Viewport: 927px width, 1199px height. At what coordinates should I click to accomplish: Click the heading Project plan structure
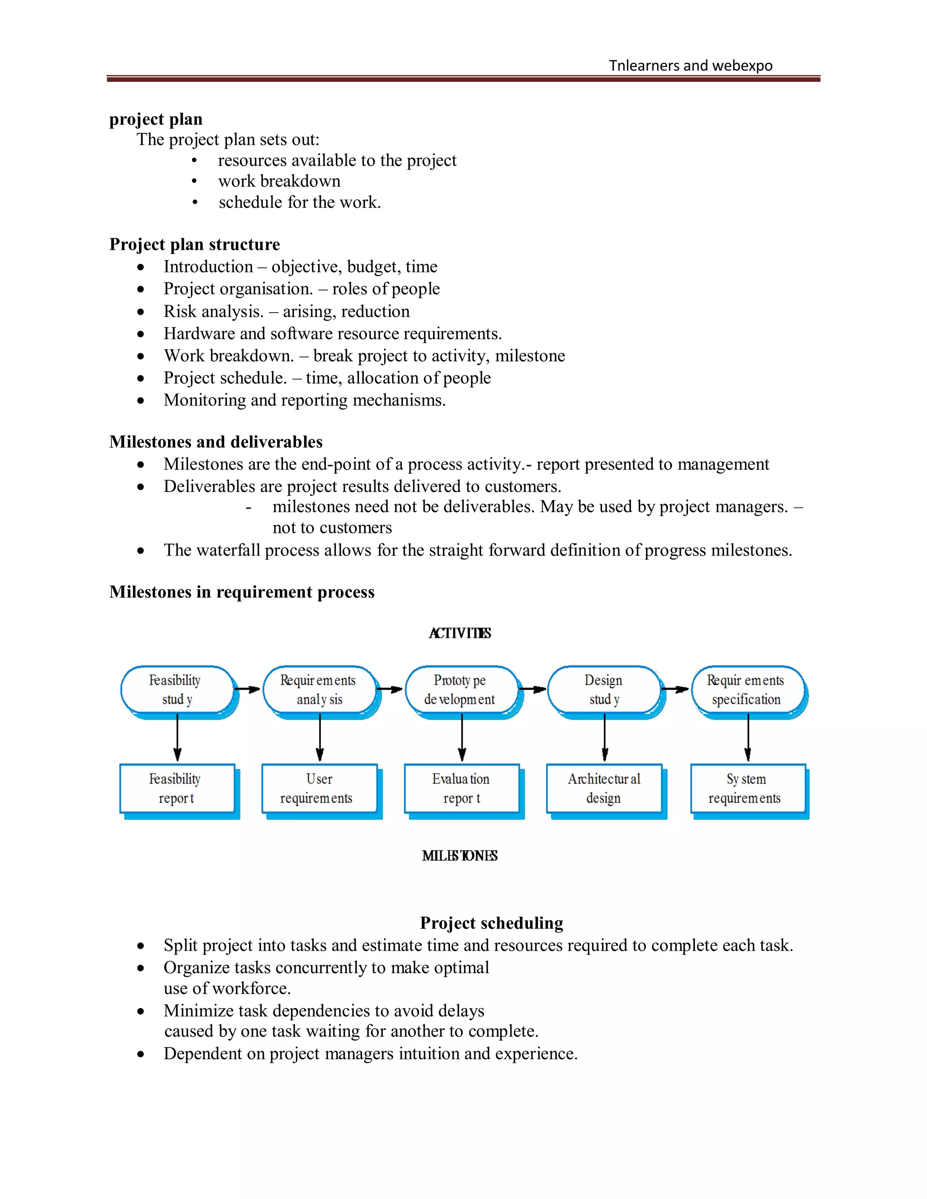click(x=194, y=244)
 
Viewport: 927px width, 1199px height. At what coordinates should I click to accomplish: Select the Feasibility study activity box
click(x=176, y=690)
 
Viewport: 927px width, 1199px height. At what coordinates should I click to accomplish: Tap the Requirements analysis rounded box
click(x=319, y=690)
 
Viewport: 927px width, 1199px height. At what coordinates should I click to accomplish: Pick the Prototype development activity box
click(x=461, y=690)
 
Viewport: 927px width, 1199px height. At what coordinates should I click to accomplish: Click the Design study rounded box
click(x=603, y=690)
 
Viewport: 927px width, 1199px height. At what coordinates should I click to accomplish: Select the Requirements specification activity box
click(x=746, y=690)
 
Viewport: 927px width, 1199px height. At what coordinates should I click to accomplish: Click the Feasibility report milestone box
click(x=176, y=788)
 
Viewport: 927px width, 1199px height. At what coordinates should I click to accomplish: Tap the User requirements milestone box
click(x=319, y=788)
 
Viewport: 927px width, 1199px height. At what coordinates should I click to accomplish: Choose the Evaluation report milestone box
click(x=461, y=788)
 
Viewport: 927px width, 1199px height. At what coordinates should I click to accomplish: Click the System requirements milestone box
click(x=746, y=788)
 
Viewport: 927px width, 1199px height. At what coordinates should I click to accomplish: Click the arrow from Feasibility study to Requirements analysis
click(x=248, y=690)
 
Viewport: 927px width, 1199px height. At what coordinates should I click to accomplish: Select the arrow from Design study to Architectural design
click(x=605, y=737)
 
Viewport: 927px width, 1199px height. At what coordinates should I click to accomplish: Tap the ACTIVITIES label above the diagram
click(x=460, y=633)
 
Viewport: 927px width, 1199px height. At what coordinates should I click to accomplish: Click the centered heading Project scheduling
click(x=492, y=923)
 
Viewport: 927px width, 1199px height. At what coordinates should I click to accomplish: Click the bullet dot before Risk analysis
click(x=141, y=312)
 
